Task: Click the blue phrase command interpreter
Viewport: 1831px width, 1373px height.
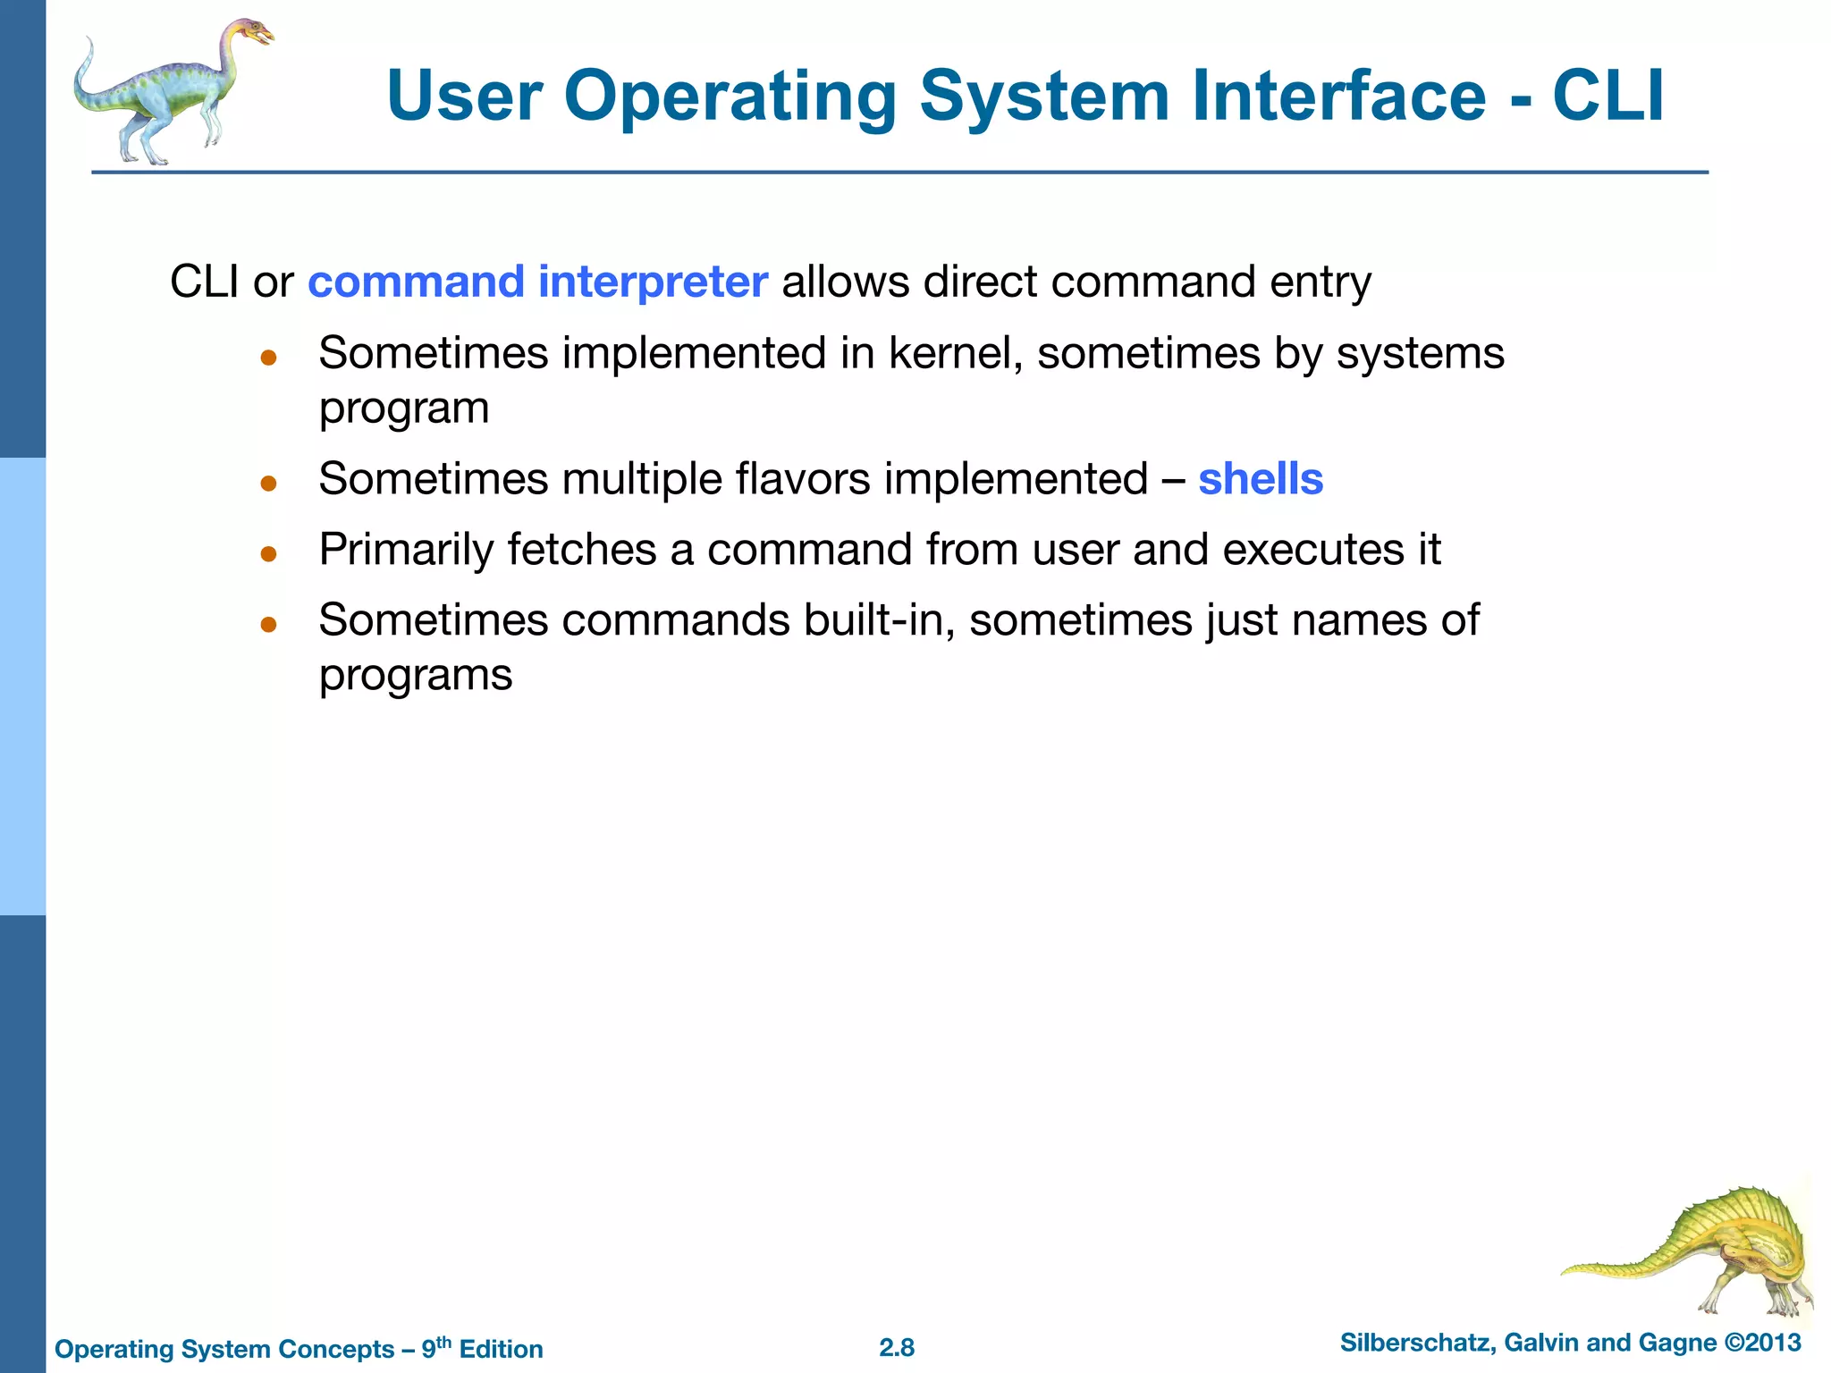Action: pyautogui.click(x=537, y=282)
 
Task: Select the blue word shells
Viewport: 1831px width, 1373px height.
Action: pyautogui.click(x=1260, y=479)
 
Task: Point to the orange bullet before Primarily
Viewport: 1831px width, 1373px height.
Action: pyautogui.click(x=268, y=554)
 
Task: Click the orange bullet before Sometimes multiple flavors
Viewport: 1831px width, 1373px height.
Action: pyautogui.click(x=268, y=484)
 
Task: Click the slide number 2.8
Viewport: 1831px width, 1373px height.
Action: pyautogui.click(x=896, y=1348)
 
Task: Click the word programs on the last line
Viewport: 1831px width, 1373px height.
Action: pyautogui.click(x=416, y=675)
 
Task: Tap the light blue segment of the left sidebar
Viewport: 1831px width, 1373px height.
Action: pyautogui.click(x=22, y=686)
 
